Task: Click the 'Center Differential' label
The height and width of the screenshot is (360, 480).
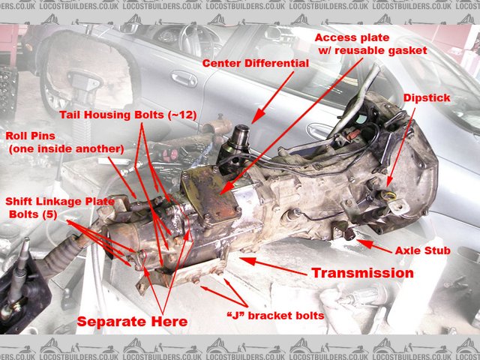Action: [x=255, y=64]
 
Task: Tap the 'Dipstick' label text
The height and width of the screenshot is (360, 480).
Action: [x=427, y=98]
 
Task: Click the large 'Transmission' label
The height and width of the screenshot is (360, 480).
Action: [x=362, y=273]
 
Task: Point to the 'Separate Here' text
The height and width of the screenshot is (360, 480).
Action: [x=131, y=322]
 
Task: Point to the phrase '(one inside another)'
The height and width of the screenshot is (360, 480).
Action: [x=66, y=149]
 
